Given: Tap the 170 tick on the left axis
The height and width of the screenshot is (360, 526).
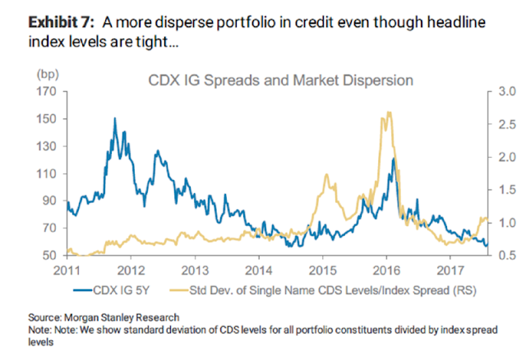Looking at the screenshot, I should pyautogui.click(x=47, y=91).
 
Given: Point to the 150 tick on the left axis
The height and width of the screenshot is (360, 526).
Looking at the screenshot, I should pyautogui.click(x=47, y=118).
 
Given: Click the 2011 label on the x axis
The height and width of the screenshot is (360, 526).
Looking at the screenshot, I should pyautogui.click(x=66, y=270).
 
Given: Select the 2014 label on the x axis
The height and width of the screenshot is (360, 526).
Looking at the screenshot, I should pyautogui.click(x=258, y=270).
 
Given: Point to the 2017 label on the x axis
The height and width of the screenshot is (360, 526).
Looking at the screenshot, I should pyautogui.click(x=450, y=270).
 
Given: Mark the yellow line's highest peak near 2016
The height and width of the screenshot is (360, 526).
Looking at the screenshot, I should pyautogui.click(x=386, y=113).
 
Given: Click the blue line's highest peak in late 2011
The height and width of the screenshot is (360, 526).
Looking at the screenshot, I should pyautogui.click(x=113, y=118).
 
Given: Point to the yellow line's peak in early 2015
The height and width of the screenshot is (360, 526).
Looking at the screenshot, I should pyautogui.click(x=327, y=175).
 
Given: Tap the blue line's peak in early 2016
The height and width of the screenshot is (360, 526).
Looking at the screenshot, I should pyautogui.click(x=394, y=158).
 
